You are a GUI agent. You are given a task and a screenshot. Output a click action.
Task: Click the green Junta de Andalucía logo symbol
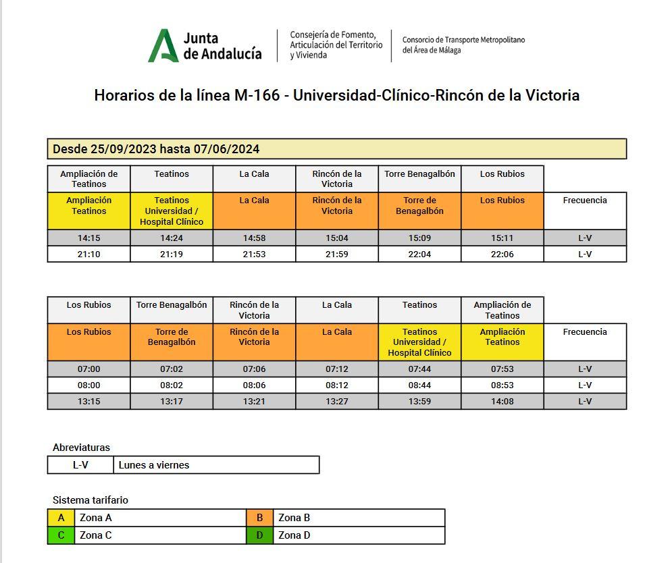click(163, 46)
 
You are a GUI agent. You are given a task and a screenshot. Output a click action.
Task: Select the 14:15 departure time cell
click(88, 238)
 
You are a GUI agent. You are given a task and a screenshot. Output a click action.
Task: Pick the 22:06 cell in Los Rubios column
click(502, 254)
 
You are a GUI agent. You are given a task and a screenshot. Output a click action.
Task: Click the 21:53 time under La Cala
click(254, 254)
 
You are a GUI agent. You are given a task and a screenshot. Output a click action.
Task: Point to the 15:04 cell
click(336, 238)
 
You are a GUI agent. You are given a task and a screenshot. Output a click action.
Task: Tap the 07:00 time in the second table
click(88, 369)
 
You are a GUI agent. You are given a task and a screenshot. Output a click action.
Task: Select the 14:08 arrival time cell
click(502, 401)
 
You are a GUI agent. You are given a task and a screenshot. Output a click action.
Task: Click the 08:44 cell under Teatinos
click(419, 385)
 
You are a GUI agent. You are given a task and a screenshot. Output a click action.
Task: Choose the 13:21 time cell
click(254, 401)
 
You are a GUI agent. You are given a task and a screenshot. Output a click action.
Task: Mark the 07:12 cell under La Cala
click(336, 369)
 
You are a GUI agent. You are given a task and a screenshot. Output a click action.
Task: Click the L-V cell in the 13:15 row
click(585, 401)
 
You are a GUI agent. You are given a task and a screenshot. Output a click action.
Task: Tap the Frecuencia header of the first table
click(585, 200)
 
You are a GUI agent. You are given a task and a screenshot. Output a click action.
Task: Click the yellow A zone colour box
click(61, 518)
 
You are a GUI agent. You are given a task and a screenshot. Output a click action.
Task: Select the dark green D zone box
click(260, 535)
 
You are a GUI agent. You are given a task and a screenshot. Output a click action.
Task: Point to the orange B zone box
click(260, 518)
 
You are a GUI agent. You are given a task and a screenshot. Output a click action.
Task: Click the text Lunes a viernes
click(154, 465)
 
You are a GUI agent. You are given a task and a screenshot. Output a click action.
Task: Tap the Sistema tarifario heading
click(91, 500)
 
